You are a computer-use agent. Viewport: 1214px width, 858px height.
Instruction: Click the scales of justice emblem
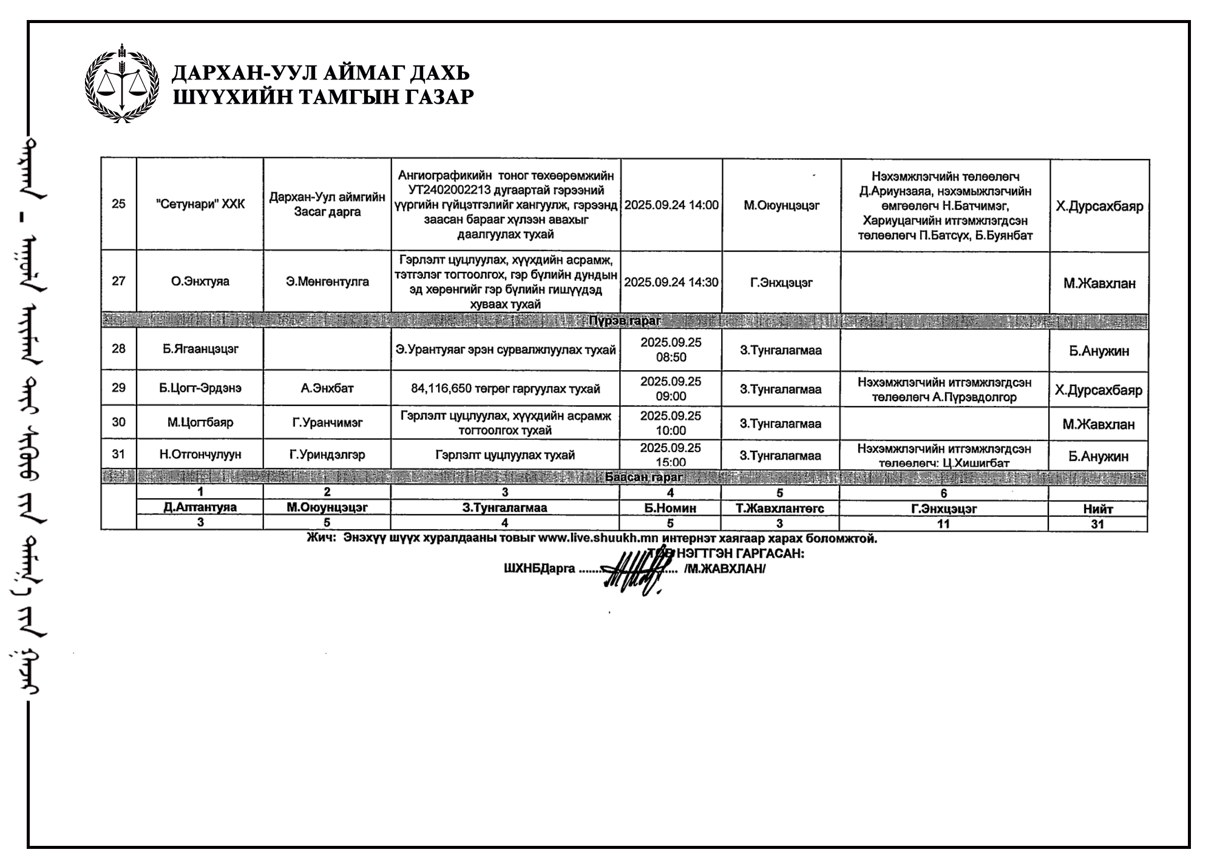point(121,84)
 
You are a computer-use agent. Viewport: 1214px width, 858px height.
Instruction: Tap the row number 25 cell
point(118,204)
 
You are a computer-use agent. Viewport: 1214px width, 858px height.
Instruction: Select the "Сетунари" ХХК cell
point(200,204)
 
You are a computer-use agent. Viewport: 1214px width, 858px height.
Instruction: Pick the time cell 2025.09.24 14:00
point(671,205)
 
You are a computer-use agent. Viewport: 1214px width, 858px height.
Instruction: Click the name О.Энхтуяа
point(200,282)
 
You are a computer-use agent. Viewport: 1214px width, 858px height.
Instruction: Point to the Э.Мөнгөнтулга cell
point(327,282)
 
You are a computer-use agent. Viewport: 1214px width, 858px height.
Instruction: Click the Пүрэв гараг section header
point(625,320)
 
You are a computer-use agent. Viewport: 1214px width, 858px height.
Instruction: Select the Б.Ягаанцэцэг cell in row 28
point(200,349)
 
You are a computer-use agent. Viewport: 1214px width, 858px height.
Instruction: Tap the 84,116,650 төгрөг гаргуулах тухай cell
point(506,388)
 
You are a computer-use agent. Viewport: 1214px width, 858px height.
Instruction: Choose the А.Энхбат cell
point(327,388)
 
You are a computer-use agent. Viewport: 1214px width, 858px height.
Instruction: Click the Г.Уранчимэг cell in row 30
point(327,422)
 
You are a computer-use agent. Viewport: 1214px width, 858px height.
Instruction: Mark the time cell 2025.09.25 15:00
point(671,455)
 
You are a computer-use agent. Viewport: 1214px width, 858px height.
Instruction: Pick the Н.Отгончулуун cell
point(200,454)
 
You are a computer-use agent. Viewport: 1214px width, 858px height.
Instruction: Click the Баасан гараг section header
point(643,477)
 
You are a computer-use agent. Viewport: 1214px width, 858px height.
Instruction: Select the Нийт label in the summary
point(1097,509)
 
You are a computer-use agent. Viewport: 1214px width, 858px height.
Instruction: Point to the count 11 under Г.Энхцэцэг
point(943,524)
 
